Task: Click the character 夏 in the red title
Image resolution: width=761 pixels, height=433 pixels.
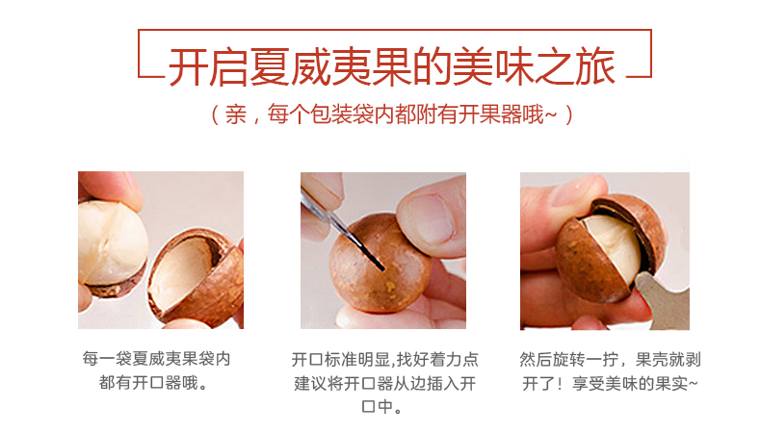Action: point(270,67)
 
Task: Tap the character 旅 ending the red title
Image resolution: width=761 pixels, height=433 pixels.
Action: point(595,67)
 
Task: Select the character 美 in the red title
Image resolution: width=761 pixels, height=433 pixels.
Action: point(473,67)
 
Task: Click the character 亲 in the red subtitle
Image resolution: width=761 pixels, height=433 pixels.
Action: point(236,115)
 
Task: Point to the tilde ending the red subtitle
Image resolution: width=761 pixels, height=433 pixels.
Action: point(550,115)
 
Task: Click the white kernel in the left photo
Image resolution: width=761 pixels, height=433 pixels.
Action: point(113,242)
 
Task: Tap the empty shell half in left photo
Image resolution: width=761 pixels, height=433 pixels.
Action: point(197,276)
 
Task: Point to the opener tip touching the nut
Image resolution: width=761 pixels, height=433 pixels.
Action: point(382,267)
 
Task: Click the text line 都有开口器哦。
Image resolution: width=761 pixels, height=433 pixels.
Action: point(154,383)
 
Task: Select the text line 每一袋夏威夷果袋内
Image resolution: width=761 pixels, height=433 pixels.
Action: point(156,359)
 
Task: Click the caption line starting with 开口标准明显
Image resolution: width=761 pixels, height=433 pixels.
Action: point(385,359)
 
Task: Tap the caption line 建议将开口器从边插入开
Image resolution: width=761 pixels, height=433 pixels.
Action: point(385,384)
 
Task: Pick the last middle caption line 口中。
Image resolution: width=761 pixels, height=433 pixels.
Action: point(382,406)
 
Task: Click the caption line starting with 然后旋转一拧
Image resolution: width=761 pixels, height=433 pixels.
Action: point(610,359)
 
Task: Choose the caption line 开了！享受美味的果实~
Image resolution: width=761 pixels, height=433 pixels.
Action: point(610,384)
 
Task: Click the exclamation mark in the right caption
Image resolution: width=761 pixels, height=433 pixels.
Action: point(561,384)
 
